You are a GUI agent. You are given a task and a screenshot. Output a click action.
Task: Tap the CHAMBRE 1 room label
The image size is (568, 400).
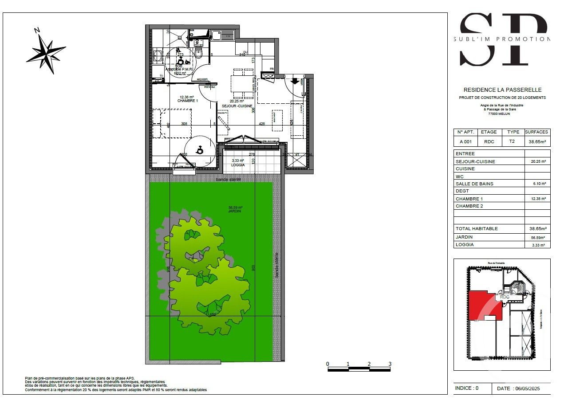pos(187,101)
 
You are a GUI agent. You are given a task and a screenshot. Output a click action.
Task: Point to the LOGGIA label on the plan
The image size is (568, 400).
pos(238,165)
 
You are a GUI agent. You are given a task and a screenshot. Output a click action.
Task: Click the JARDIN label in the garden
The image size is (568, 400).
pos(235,211)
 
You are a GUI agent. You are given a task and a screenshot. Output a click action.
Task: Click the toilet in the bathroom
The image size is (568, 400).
pos(198,54)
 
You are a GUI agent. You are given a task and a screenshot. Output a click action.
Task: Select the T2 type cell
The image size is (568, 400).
pos(513,142)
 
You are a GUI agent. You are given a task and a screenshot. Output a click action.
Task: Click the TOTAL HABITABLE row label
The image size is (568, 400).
pos(477,228)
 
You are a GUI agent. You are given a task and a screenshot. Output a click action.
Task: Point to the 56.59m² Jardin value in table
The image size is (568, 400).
pos(537,237)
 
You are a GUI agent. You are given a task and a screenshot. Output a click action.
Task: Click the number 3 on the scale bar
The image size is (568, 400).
pos(390,364)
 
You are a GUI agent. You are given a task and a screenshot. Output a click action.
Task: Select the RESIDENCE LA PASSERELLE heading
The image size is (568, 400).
pos(502,90)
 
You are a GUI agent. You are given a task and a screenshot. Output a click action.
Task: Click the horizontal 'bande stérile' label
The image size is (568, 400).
pos(228,180)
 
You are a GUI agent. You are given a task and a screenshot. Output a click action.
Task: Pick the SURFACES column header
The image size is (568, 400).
pos(536,132)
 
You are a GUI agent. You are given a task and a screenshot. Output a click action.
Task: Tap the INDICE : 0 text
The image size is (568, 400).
pos(466,388)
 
